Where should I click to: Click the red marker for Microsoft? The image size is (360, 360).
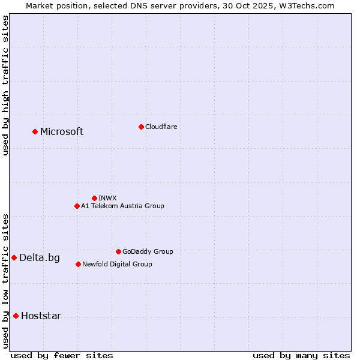tap(35, 131)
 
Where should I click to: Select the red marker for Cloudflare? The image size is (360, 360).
tap(141, 127)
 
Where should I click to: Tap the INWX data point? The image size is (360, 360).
tap(94, 198)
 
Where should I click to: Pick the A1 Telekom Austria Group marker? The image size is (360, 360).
tap(77, 206)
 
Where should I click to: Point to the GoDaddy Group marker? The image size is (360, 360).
tap(118, 251)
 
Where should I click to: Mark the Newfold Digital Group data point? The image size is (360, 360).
tap(78, 264)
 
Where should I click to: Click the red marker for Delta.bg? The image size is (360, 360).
tap(14, 257)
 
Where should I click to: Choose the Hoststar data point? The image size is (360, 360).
tap(16, 316)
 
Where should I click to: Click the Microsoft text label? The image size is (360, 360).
tap(62, 132)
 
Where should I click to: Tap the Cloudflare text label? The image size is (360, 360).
tap(161, 127)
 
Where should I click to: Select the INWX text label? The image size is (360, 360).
tap(107, 198)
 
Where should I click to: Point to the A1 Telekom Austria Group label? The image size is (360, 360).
tap(122, 206)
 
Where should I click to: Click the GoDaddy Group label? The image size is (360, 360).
tap(148, 251)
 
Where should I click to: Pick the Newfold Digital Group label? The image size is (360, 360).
tap(117, 264)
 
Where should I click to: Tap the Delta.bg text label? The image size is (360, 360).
tap(40, 258)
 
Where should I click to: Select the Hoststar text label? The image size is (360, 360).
tap(41, 316)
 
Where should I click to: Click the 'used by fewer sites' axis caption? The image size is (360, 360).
tap(62, 355)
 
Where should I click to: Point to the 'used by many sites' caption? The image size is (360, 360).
tap(301, 355)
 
